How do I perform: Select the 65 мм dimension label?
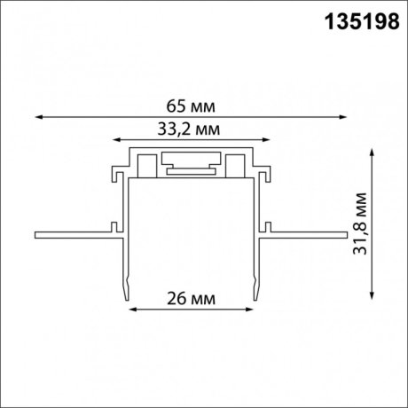(191, 106)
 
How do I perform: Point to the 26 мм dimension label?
(192, 299)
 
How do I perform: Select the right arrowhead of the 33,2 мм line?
(267, 138)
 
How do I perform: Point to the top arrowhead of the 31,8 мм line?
(371, 153)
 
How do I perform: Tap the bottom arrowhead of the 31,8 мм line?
(371, 292)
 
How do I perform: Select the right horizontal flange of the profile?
(306, 236)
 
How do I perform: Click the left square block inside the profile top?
(148, 165)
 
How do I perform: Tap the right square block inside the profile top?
(235, 165)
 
